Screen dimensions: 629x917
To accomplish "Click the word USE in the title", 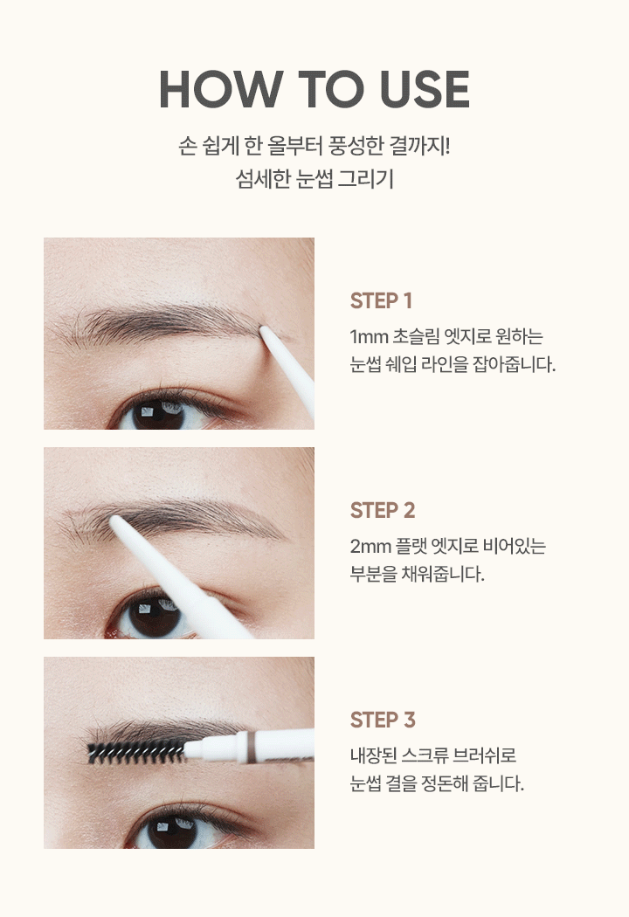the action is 425,89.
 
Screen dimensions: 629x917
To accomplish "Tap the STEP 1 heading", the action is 381,301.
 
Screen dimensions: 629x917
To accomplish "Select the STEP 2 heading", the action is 383,511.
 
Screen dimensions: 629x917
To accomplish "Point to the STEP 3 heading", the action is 383,720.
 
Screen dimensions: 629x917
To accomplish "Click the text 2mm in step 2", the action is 370,546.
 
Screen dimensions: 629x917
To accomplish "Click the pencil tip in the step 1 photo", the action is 262,330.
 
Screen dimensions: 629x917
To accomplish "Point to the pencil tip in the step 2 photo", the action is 114,520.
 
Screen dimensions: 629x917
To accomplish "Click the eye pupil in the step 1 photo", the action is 156,413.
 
